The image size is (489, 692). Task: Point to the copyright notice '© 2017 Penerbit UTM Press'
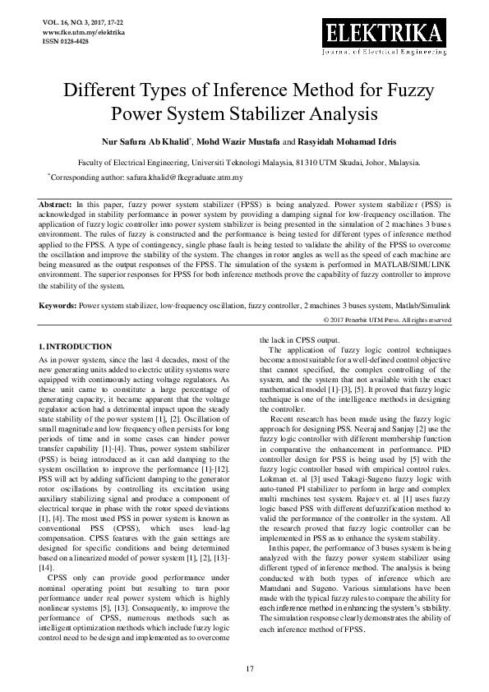pyautogui.click(x=385, y=320)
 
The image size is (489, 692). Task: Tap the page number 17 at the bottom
pyautogui.click(x=244, y=667)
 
